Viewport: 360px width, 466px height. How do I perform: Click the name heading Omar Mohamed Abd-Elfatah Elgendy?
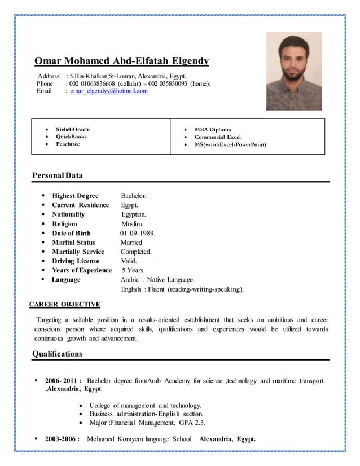click(x=121, y=61)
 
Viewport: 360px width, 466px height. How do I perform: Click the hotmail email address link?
click(x=108, y=91)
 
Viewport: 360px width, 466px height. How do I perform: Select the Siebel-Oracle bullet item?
click(x=72, y=129)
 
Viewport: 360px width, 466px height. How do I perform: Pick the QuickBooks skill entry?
click(x=72, y=137)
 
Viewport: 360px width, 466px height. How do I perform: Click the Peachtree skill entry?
click(x=68, y=144)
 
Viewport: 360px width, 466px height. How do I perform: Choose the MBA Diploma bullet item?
click(x=213, y=129)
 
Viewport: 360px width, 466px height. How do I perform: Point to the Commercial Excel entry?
click(x=217, y=137)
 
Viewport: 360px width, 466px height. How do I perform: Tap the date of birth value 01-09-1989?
click(x=138, y=233)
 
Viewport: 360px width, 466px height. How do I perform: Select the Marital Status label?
click(x=73, y=243)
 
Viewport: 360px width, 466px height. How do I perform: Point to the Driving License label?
click(x=76, y=261)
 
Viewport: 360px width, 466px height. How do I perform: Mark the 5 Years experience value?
click(x=133, y=270)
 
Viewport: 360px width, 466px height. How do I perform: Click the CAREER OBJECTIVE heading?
click(x=65, y=305)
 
